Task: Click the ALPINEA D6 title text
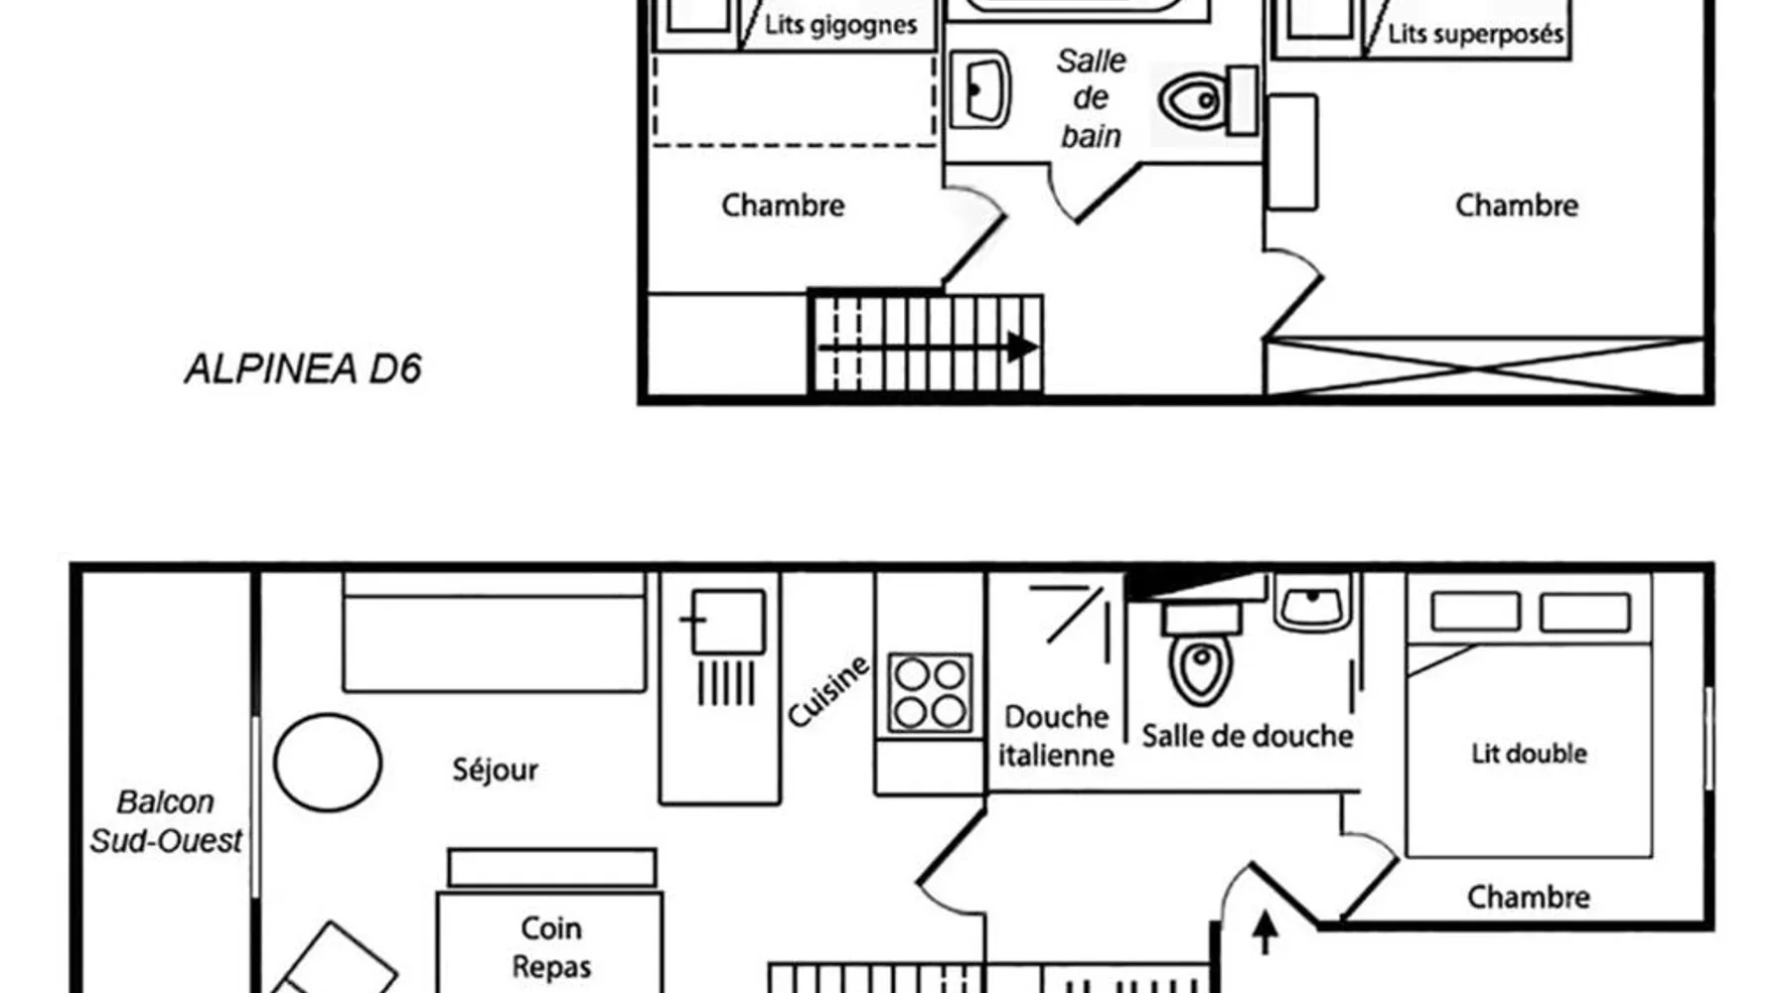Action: pos(303,369)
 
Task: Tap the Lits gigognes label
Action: pos(840,25)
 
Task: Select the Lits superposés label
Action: pos(1475,34)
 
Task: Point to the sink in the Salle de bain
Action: pos(980,90)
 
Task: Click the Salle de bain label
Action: pos(1091,98)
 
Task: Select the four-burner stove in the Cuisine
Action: pos(930,692)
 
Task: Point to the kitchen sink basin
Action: pos(728,622)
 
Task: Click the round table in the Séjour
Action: pos(328,763)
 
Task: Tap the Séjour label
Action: pos(495,770)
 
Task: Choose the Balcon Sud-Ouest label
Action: pos(166,821)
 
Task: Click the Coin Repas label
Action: pos(551,947)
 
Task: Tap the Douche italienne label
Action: pos(1056,736)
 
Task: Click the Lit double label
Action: pos(1529,754)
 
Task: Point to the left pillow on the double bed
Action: pos(1475,612)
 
